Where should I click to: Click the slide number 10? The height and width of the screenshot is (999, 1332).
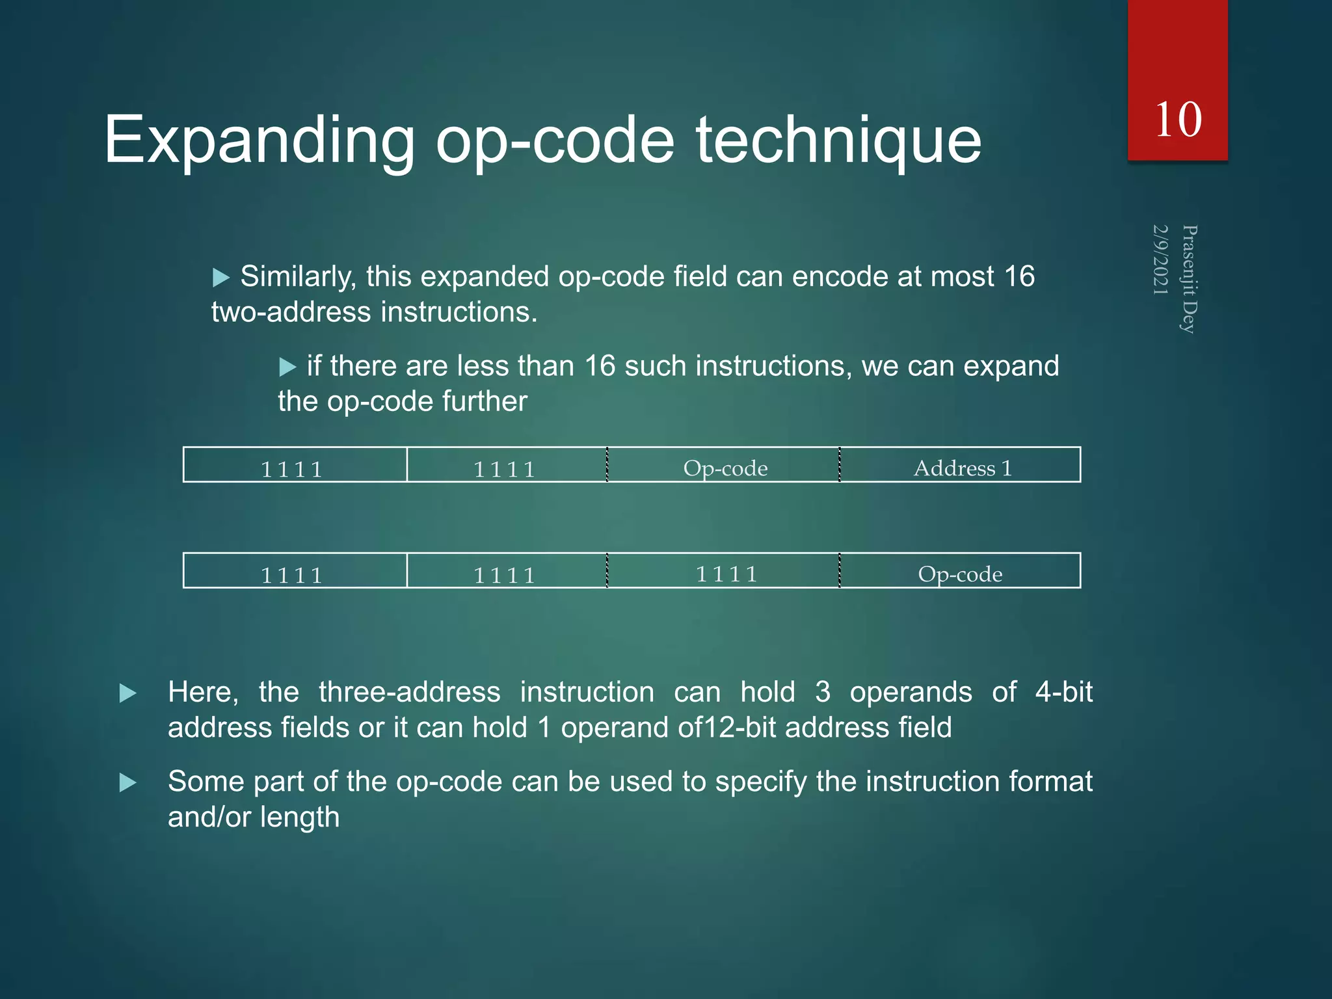tap(1178, 120)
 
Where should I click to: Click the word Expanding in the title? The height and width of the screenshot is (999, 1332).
tap(259, 140)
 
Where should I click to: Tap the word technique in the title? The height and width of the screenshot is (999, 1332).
tap(838, 140)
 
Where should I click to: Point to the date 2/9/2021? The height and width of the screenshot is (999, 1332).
tap(1161, 260)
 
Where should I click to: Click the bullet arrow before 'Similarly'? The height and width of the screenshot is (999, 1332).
tap(221, 278)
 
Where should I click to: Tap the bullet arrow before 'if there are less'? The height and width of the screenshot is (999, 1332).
tap(287, 367)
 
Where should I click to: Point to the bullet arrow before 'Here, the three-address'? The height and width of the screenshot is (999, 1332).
tap(128, 693)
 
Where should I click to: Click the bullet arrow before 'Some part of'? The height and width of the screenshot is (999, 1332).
tap(128, 782)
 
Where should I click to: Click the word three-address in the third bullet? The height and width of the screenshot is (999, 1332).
tap(410, 692)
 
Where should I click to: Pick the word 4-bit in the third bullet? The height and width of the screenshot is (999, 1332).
tap(1063, 692)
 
